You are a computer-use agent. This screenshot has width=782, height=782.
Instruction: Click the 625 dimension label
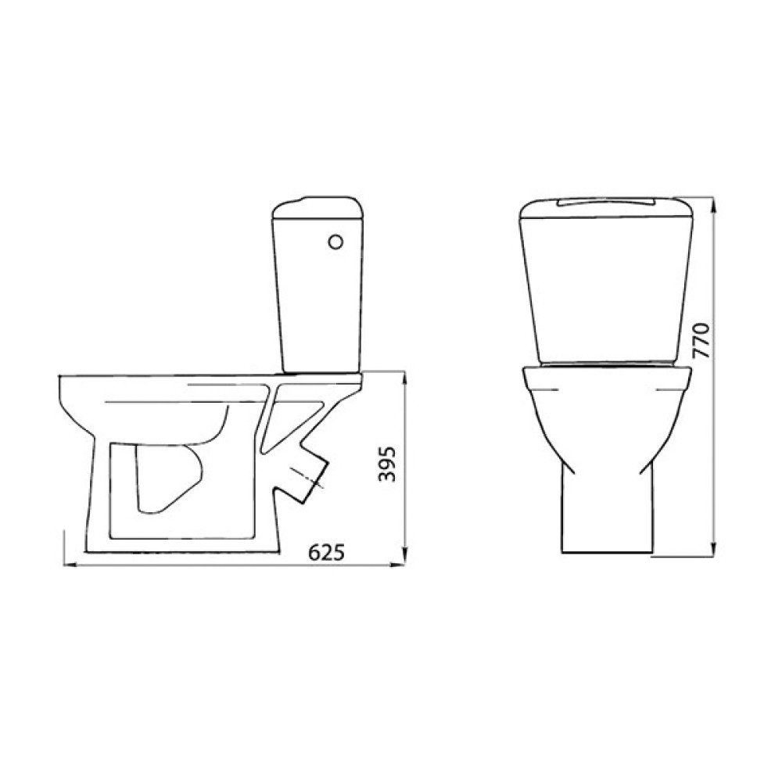tap(327, 552)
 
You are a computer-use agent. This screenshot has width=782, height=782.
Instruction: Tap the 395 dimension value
tap(387, 464)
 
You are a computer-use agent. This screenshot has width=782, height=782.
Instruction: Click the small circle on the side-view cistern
tap(335, 242)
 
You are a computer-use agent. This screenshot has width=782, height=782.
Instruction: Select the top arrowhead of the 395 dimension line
tap(404, 378)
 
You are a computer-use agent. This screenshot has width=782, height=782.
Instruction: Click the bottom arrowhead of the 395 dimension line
tap(404, 555)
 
